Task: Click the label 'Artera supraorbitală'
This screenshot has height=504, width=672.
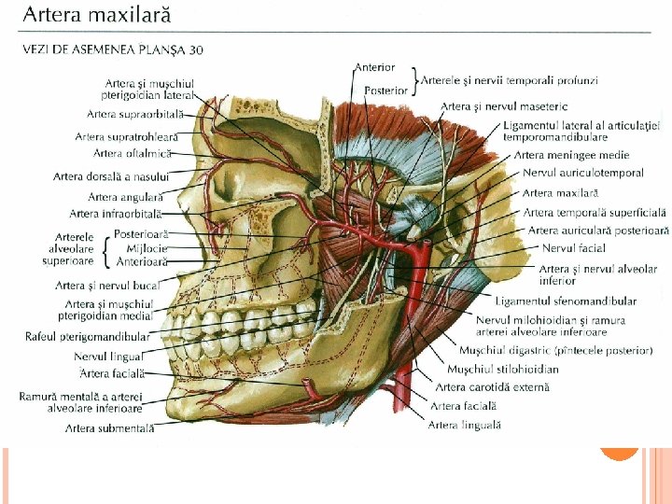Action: click(132, 114)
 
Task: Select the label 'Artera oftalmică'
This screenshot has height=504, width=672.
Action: click(132, 152)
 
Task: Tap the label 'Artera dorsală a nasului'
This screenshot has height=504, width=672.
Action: click(111, 175)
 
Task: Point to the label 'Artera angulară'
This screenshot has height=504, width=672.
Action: click(125, 197)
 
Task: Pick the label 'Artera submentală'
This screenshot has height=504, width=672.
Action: click(109, 428)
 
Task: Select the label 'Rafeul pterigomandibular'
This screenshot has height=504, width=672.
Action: click(87, 336)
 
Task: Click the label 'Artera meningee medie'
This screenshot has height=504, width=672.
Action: click(571, 155)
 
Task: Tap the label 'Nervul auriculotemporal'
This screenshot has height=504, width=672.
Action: click(582, 173)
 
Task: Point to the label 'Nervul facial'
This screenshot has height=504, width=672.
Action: click(573, 248)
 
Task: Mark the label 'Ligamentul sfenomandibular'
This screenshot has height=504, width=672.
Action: click(566, 301)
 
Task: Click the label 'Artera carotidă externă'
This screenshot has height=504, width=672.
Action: click(492, 386)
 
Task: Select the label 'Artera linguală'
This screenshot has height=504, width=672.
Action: click(464, 425)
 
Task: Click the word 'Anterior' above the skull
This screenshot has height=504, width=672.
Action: click(374, 67)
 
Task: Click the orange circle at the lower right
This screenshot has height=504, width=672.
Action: click(619, 450)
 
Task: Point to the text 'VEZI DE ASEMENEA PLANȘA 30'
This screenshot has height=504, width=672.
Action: click(113, 49)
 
